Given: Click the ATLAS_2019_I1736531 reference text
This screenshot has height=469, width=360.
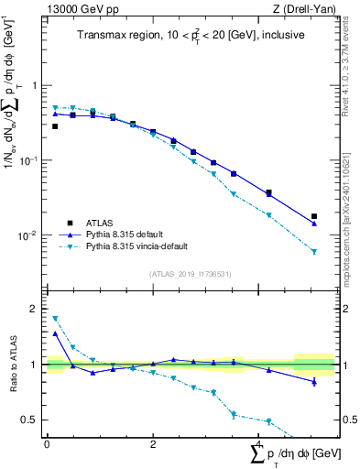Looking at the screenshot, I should (189, 274).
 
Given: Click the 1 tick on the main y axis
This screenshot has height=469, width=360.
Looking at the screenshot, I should (36, 85).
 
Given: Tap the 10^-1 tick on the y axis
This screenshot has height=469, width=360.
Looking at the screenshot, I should (32, 160).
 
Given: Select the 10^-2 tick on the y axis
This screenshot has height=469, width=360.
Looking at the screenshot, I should (32, 236).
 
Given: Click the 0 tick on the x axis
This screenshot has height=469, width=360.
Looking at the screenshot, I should (48, 443).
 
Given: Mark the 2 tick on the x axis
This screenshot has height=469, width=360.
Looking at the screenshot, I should (153, 443).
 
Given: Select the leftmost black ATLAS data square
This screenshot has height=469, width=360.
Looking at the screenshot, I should (55, 126).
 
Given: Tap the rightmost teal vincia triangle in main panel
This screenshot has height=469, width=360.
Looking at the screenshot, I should (314, 252).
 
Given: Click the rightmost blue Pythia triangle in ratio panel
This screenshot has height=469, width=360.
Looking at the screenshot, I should (314, 381).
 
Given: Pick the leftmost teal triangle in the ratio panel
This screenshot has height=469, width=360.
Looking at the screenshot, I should (55, 319).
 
